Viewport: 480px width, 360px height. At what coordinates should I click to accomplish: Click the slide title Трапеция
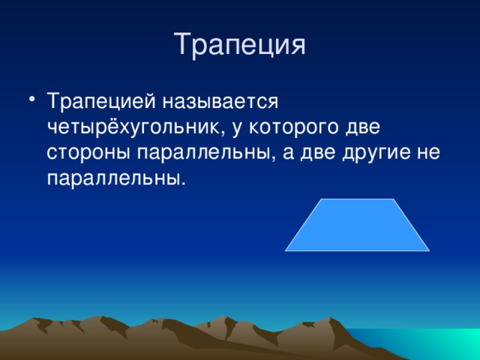[240, 44]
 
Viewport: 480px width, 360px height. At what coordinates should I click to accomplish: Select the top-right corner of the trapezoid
[392, 199]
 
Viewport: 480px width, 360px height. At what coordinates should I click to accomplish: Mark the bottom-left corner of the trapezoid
[286, 250]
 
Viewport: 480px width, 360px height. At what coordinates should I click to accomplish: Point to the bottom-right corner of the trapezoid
[428, 250]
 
